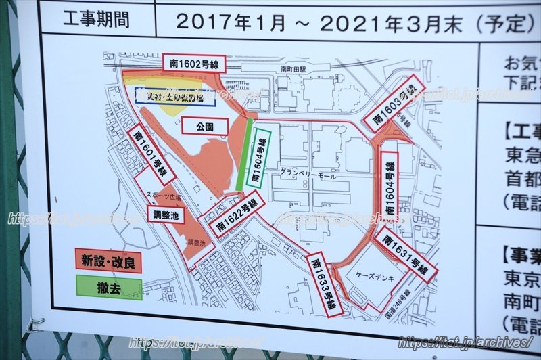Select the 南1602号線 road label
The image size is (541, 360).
[195, 64]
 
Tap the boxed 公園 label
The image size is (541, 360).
[205, 127]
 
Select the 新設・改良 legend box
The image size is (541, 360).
[108, 261]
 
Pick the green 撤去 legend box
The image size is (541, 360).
[108, 287]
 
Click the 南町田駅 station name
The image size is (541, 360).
[293, 68]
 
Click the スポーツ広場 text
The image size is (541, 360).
[162, 195]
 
